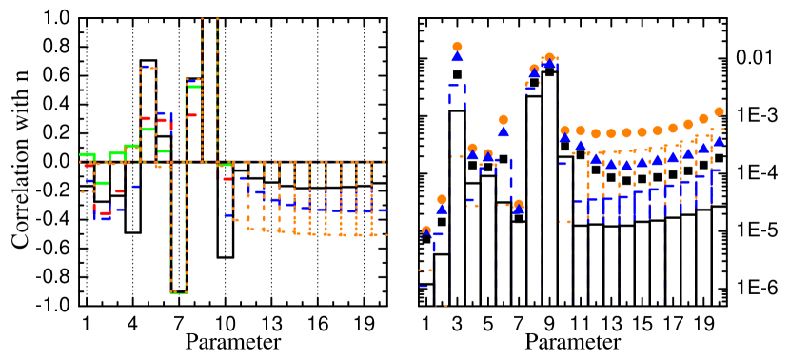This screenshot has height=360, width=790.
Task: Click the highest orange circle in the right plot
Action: [457, 46]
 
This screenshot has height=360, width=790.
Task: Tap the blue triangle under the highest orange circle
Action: [457, 56]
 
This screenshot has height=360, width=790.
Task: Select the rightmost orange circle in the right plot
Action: [719, 111]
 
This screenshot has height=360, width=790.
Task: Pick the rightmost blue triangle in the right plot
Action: [719, 141]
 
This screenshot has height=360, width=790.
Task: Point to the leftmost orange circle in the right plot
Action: [426, 230]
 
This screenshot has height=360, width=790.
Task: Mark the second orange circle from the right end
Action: [703, 118]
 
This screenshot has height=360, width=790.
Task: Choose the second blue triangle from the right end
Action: [703, 149]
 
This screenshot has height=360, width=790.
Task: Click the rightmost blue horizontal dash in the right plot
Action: [715, 170]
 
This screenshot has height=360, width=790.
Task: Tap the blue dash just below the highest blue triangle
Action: [454, 86]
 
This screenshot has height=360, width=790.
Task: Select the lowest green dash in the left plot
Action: [179, 292]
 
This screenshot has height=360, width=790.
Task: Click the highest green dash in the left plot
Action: [194, 87]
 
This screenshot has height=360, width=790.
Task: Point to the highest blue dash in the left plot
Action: [146, 67]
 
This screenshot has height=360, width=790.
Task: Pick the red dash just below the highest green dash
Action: [192, 115]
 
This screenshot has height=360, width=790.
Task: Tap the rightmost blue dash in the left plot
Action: [383, 210]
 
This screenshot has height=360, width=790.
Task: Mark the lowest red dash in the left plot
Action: [106, 212]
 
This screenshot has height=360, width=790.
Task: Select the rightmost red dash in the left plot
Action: [227, 178]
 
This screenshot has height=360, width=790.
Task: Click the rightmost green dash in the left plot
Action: [225, 165]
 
